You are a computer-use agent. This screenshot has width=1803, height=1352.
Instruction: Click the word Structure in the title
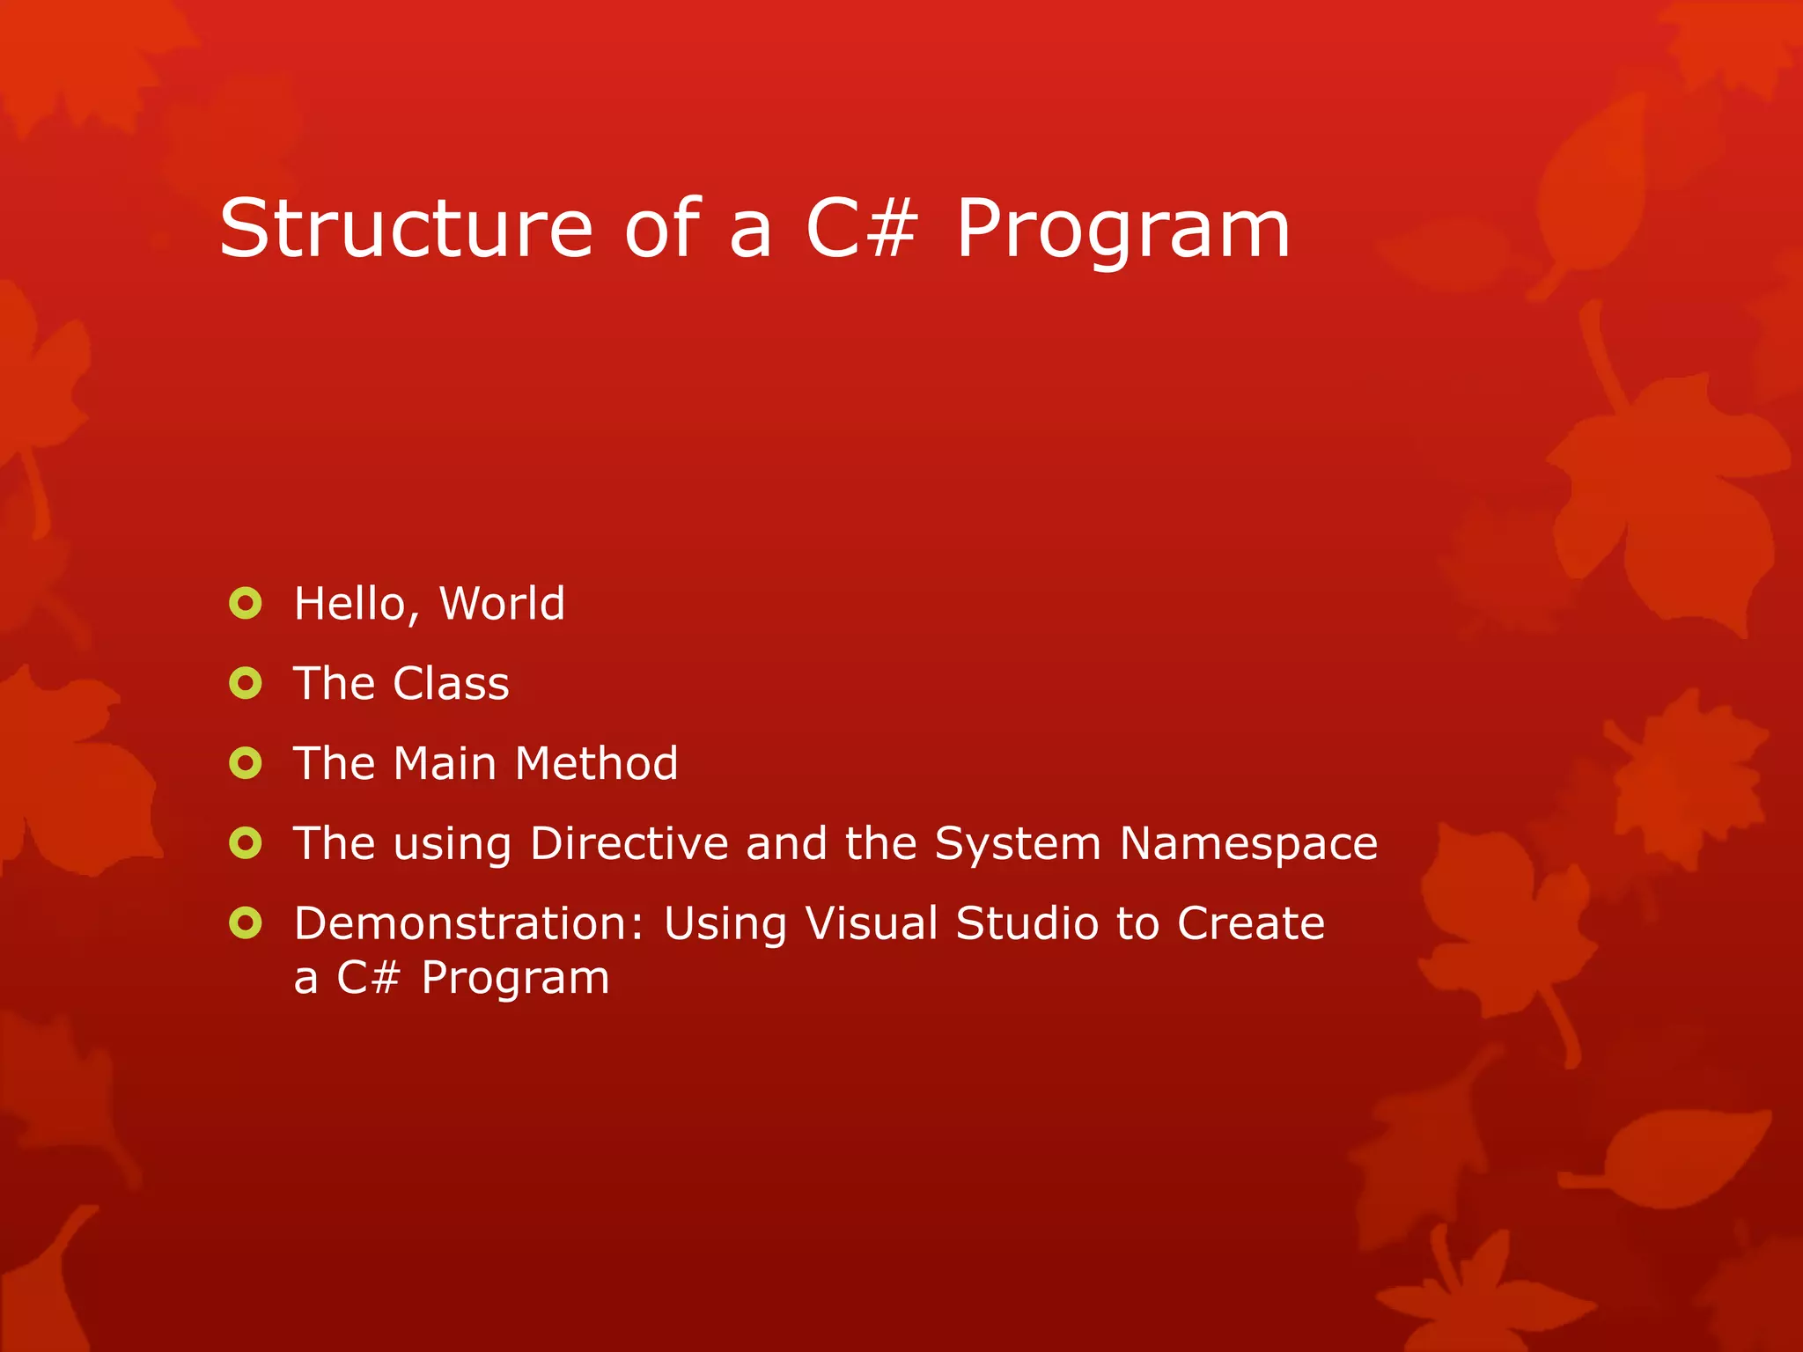(x=406, y=230)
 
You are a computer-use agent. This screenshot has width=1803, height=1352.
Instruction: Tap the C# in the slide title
(x=861, y=230)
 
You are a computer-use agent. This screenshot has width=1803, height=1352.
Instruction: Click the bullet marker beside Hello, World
(x=246, y=604)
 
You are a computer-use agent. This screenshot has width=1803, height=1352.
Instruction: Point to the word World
(x=502, y=604)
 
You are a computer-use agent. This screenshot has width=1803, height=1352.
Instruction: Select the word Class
(x=451, y=684)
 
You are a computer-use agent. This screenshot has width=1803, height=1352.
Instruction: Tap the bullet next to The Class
(x=246, y=683)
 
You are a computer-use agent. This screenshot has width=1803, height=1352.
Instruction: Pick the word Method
(x=597, y=763)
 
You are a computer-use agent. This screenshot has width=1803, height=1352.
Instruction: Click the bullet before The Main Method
(x=246, y=763)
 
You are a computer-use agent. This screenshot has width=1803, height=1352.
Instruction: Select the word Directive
(x=629, y=843)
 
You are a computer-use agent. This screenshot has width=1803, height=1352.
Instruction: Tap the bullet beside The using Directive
(x=246, y=843)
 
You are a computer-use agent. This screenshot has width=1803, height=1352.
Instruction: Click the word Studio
(x=1027, y=924)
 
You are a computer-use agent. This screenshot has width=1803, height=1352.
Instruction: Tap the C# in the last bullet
(x=368, y=978)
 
